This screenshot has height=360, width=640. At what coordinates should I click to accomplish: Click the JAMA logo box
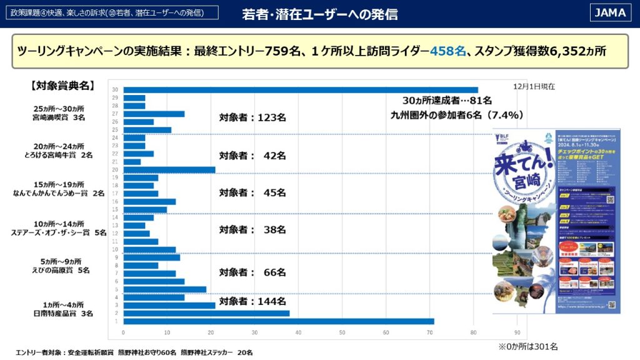click(x=610, y=12)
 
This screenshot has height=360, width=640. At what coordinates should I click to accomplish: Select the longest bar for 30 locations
click(x=300, y=90)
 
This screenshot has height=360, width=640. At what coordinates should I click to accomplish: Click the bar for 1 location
click(x=278, y=321)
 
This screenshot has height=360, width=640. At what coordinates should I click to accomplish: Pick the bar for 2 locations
click(x=206, y=313)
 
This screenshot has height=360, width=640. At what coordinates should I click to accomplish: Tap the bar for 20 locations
click(x=169, y=170)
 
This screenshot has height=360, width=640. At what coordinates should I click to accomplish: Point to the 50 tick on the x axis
click(x=342, y=332)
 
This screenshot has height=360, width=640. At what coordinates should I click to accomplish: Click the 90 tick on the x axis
click(x=517, y=332)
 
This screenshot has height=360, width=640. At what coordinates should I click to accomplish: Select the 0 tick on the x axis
click(x=123, y=332)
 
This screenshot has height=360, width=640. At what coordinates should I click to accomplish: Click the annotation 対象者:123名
click(x=252, y=117)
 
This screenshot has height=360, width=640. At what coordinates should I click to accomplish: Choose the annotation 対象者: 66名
click(x=252, y=272)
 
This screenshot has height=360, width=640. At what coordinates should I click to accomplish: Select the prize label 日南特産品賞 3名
click(x=64, y=313)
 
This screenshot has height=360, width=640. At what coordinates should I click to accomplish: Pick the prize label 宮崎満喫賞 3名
click(x=60, y=117)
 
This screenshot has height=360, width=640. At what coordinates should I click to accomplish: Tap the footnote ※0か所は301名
click(x=528, y=346)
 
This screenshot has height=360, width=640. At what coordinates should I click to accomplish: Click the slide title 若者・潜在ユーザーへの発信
click(x=319, y=14)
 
